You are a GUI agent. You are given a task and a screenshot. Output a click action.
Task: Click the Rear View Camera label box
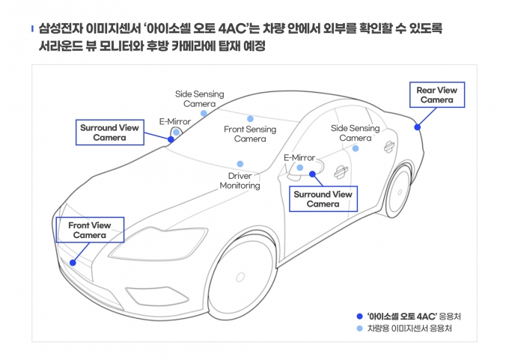point(436,95)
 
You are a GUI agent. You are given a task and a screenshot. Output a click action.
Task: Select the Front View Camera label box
point(90,230)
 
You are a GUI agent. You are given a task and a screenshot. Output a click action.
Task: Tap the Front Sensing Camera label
point(250,134)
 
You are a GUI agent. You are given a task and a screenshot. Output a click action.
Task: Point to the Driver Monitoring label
point(240,180)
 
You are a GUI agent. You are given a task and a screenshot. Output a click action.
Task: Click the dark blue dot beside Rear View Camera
point(418,127)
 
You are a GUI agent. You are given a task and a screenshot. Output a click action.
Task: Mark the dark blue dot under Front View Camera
point(73,262)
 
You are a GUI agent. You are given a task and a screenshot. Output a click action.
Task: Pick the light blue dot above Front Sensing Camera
point(250,118)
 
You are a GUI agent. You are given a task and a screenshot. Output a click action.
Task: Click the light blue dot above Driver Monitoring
point(240,164)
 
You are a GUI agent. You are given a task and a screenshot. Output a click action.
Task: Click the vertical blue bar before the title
point(31,29)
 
